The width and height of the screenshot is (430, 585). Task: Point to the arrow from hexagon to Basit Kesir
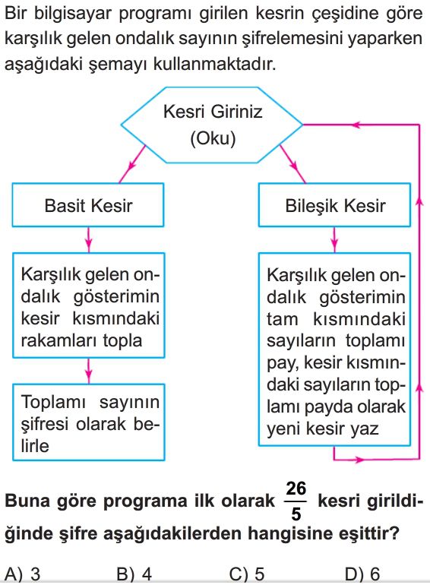click(132, 164)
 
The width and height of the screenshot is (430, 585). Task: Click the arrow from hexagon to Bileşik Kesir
click(292, 164)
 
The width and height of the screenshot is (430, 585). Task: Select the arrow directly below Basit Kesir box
click(88, 240)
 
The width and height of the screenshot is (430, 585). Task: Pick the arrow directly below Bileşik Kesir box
click(334, 240)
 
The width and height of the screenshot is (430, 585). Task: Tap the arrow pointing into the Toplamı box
click(88, 371)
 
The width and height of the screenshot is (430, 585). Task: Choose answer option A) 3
click(22, 574)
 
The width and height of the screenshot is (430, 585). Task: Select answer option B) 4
click(134, 574)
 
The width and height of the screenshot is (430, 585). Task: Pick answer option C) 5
click(247, 574)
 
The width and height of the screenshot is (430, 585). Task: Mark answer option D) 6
click(362, 574)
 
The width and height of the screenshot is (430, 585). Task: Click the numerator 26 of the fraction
click(296, 489)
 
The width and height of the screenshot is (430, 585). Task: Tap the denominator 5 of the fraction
click(296, 514)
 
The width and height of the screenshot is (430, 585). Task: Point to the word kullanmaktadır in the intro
click(215, 64)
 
